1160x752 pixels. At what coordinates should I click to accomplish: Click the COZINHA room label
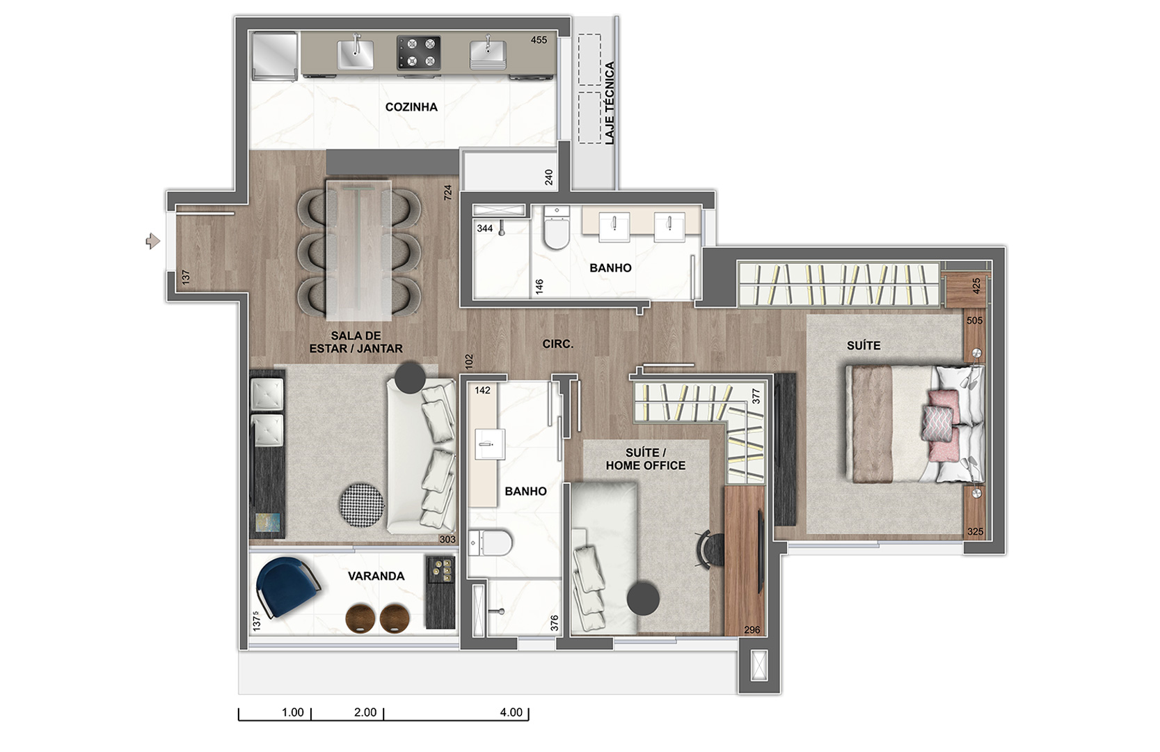[411, 107]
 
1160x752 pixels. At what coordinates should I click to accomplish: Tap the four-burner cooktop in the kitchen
[418, 52]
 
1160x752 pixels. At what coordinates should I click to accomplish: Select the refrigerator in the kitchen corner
[274, 56]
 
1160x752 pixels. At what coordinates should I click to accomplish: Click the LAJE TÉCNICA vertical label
[610, 102]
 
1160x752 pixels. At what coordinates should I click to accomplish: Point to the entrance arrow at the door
[153, 241]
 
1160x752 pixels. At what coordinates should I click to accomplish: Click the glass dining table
[358, 250]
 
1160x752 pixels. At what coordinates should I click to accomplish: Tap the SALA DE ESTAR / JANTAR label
[356, 342]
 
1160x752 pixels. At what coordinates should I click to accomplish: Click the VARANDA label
[376, 576]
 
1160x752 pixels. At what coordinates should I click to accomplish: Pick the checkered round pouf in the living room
[361, 506]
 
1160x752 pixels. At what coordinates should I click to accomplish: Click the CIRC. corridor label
[557, 343]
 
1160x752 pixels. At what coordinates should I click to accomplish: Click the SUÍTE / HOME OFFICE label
[645, 459]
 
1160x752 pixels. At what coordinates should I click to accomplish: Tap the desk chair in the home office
[710, 550]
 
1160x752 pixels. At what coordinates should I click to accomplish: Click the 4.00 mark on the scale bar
[511, 712]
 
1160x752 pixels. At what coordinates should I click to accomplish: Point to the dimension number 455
[539, 40]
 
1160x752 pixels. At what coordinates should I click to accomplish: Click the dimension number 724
[448, 192]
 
